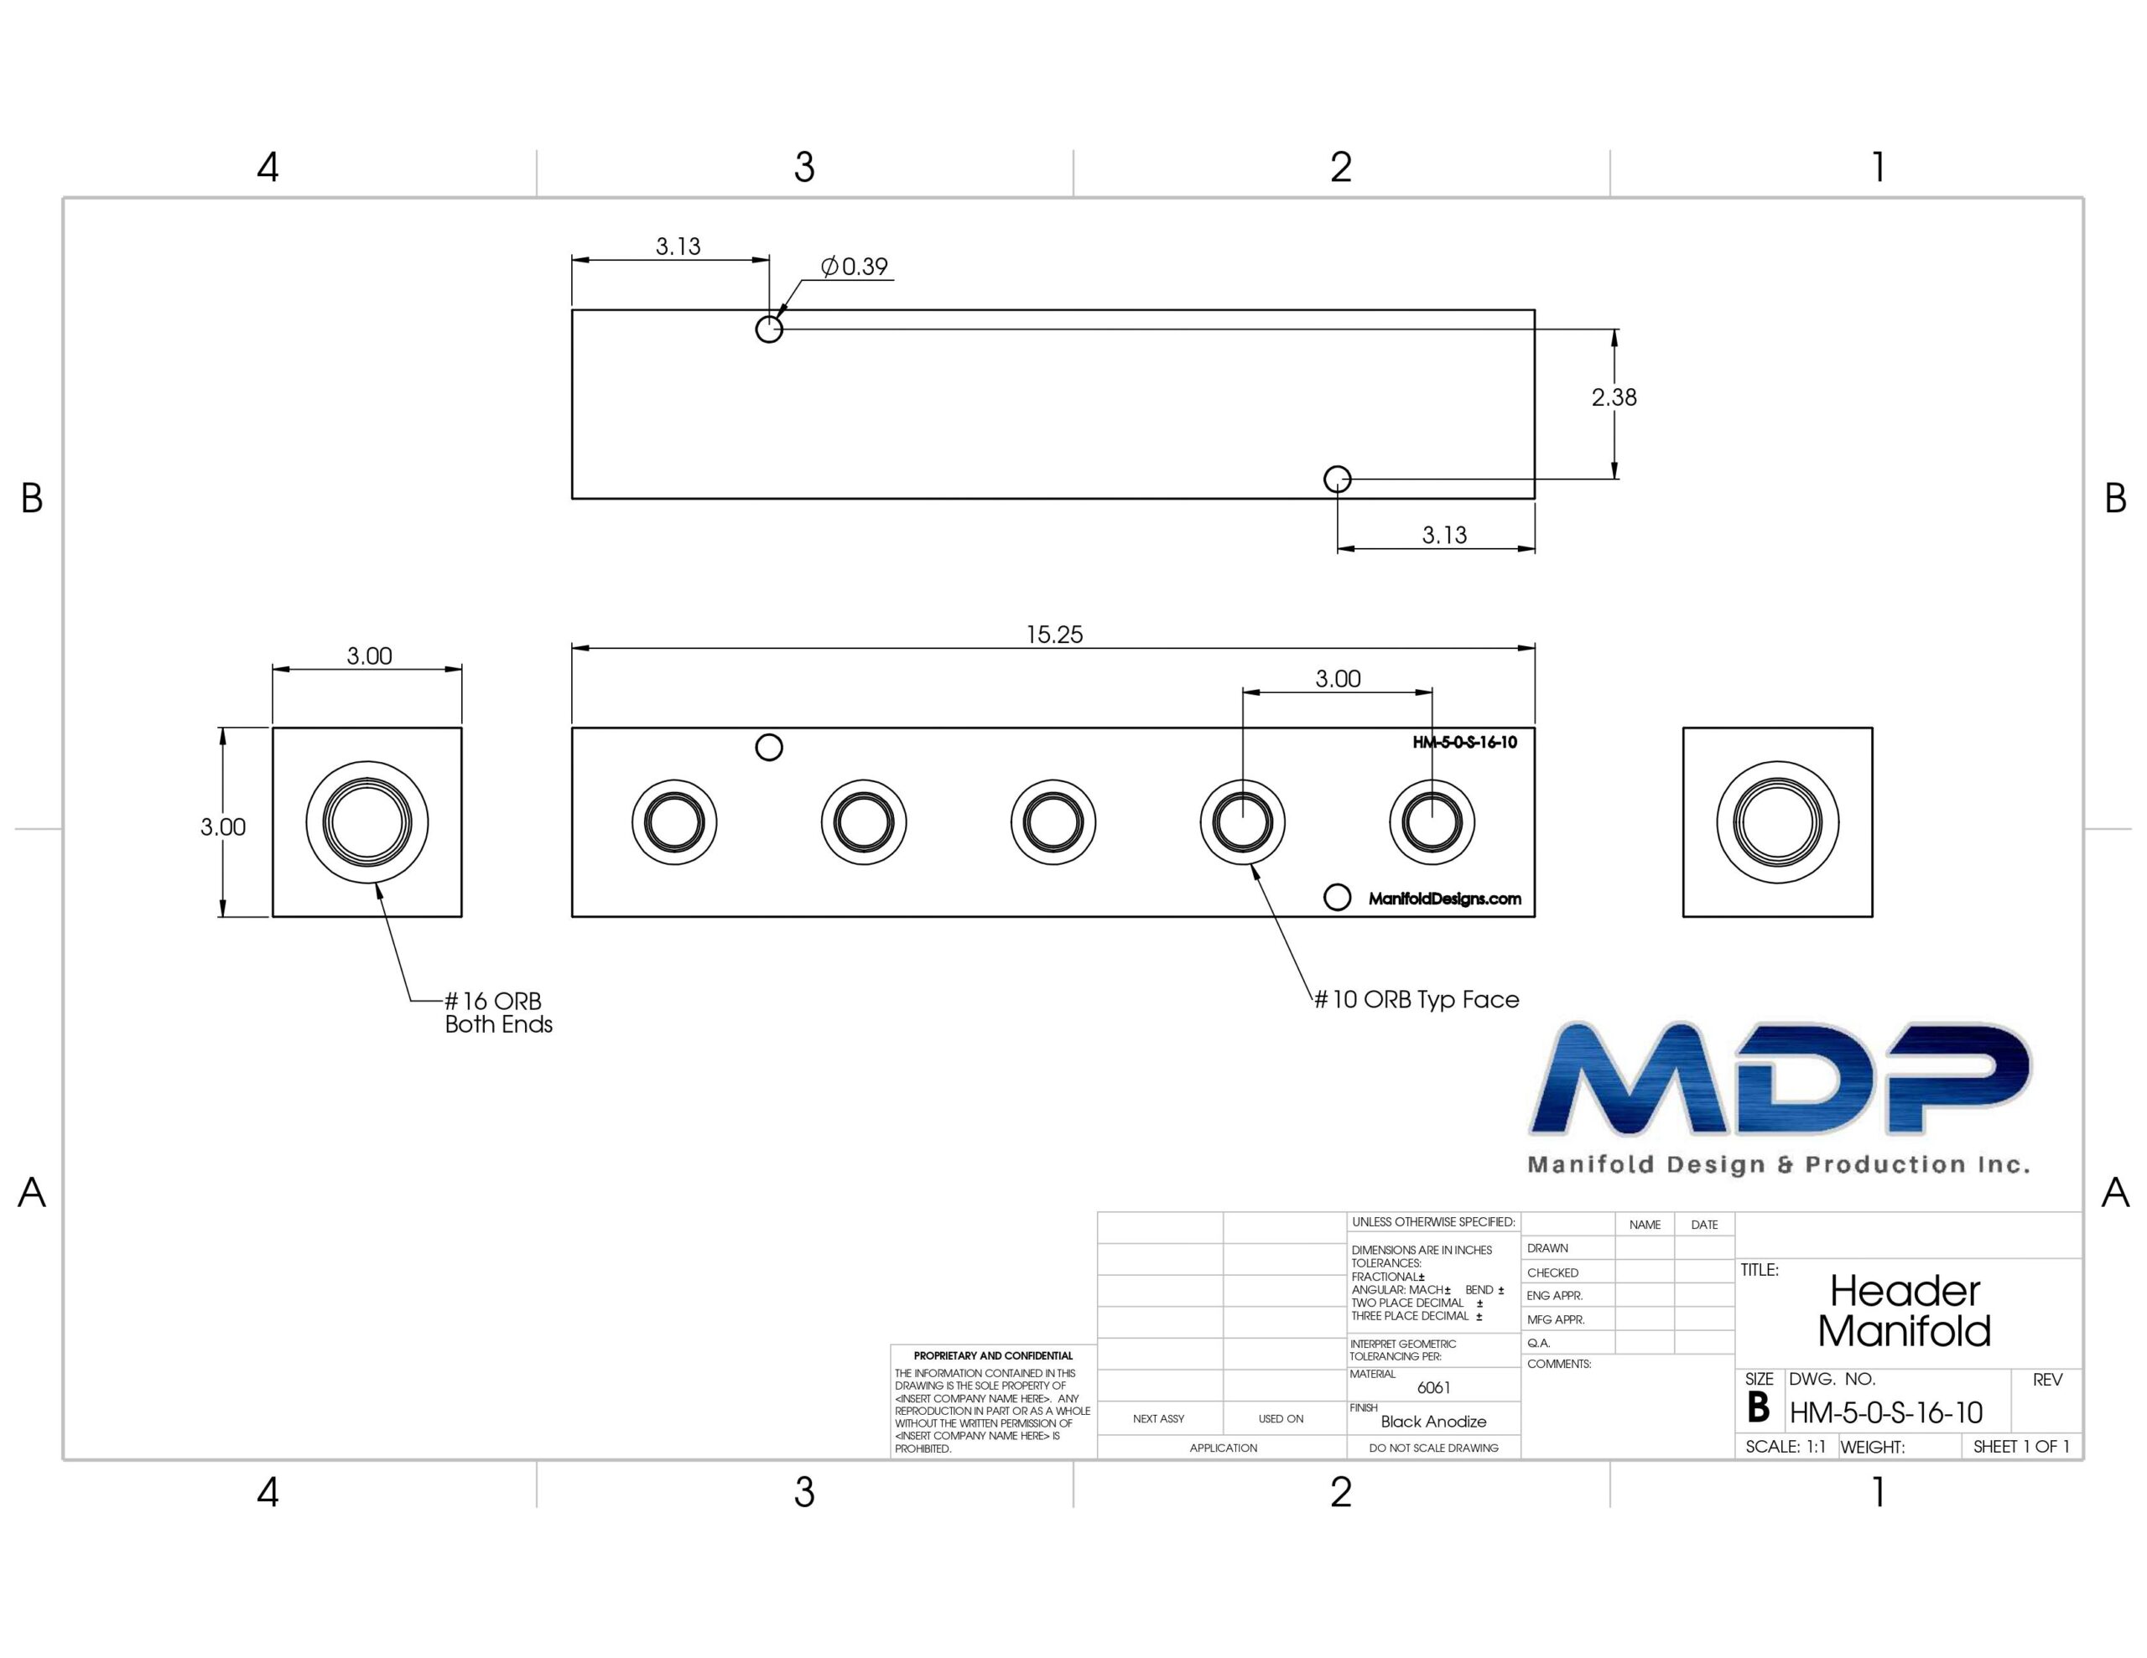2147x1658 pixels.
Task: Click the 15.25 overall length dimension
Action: pos(1054,635)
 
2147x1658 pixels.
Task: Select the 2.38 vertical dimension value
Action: pos(1614,397)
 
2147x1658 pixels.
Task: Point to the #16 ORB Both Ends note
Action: pos(498,1013)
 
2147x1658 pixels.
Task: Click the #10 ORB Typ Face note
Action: pos(1417,999)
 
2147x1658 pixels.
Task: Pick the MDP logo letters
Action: pos(1781,1077)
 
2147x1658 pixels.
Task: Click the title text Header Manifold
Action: pos(1904,1310)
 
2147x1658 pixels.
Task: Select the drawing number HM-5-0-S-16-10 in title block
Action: pos(1885,1412)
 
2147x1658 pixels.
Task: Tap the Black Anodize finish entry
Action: pos(1433,1421)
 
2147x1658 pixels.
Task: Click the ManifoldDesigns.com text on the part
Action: pos(1444,899)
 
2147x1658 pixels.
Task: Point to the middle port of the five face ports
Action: pos(1053,822)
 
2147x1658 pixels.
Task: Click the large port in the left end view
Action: pos(366,822)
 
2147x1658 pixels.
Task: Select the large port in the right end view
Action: pos(1777,822)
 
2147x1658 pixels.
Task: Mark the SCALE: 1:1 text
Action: pos(1786,1447)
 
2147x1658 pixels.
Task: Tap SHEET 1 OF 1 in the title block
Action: pos(2021,1447)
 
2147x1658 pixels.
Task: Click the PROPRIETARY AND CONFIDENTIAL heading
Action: pos(993,1355)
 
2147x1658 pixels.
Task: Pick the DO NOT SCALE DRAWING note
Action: pos(1433,1448)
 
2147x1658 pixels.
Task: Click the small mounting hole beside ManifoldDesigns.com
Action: pos(1337,897)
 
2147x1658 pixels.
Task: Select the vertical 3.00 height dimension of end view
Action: pos(223,826)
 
